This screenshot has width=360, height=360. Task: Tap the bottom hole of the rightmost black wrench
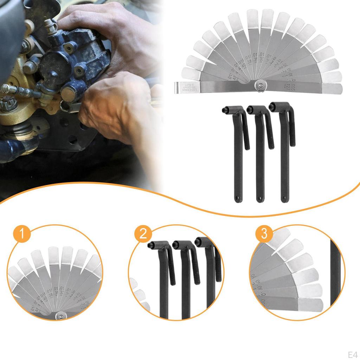[283, 199]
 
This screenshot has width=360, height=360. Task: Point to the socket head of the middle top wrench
[250, 110]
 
